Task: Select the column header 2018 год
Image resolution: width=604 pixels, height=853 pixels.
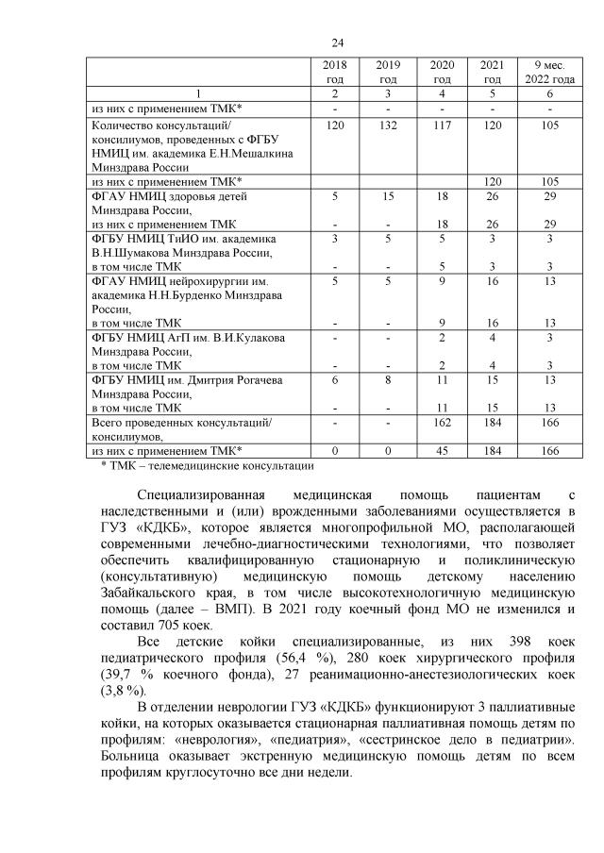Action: click(x=335, y=72)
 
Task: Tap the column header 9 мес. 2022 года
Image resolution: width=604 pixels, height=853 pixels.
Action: click(x=548, y=72)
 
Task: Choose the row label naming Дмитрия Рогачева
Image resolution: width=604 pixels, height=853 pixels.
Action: click(x=171, y=379)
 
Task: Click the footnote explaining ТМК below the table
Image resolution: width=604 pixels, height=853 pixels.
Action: click(x=207, y=465)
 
